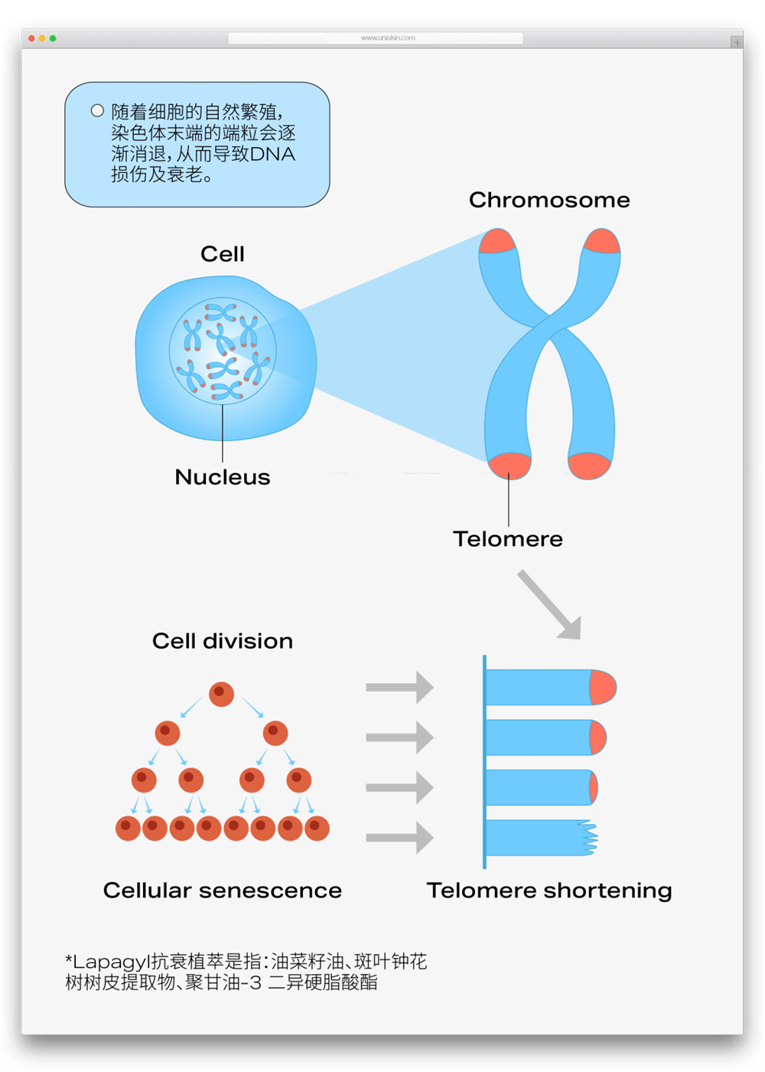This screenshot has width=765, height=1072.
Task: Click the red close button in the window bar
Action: coord(31,38)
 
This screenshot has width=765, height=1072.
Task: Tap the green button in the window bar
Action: coord(53,38)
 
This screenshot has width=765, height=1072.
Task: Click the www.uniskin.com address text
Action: coord(388,38)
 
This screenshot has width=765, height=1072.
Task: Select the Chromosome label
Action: coord(549,200)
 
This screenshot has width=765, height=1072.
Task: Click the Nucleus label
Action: coord(223,477)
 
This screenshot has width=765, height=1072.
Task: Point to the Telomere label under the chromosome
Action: coord(508,539)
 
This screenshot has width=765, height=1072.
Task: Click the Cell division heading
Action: coord(223,642)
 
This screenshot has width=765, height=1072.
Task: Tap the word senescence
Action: coord(271,891)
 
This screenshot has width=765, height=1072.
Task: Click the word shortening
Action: coord(607,891)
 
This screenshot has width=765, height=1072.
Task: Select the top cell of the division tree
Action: coord(221,694)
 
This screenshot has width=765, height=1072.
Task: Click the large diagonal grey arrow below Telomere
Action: coord(550,604)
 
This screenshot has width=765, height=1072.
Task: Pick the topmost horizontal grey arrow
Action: coord(399,688)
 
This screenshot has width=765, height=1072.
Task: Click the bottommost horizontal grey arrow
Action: coord(399,838)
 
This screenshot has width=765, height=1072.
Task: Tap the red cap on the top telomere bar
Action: coord(603,688)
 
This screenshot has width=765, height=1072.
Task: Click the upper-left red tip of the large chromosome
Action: coord(497,241)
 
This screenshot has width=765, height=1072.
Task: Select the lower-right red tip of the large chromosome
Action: coord(589,466)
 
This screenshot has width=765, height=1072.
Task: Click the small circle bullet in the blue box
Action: coord(97,111)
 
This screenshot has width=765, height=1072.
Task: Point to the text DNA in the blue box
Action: coord(272,154)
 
